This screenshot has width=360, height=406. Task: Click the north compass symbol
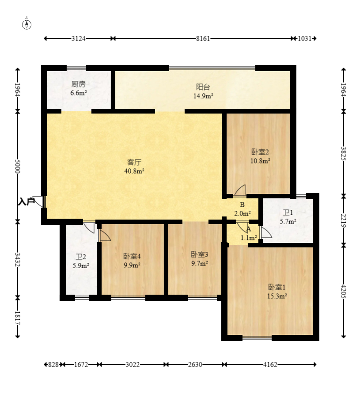pos(27,25)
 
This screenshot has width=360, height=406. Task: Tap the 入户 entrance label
pos(27,202)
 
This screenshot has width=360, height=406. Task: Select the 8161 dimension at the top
pos(203,38)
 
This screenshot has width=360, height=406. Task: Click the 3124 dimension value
pos(79,38)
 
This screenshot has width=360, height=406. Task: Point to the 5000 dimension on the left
pos(18,166)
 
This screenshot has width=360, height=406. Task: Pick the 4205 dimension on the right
pos(344,291)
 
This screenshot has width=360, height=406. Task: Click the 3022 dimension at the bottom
pos(133,364)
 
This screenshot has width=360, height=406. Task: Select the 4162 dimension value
pos(270,364)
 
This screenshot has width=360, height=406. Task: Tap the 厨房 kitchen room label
pos(79,84)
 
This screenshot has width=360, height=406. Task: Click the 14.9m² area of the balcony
pos(203,96)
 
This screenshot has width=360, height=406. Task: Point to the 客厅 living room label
pos(134,162)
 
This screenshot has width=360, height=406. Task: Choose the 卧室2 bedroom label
pos(260,152)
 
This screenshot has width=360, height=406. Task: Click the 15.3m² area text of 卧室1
pos(277,296)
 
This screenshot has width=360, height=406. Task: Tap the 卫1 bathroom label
pos(288,213)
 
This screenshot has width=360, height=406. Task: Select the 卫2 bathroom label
pos(81,257)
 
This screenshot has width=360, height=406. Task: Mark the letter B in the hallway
pos(242,205)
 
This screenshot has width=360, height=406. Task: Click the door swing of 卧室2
pos(240,190)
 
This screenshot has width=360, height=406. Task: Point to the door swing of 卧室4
pos(105,235)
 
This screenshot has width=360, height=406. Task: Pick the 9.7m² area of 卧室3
pos(200,264)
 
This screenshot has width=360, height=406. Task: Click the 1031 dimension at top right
pos(304,38)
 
